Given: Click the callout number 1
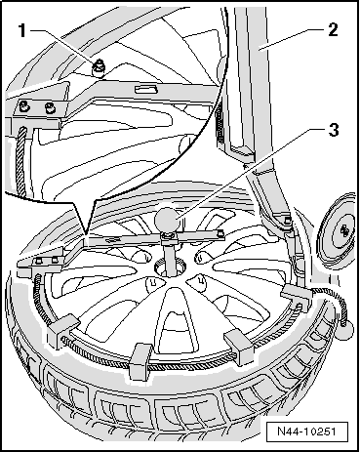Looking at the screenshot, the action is (x=22, y=31).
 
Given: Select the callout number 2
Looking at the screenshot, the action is (x=333, y=30).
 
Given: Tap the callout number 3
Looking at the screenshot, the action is (x=333, y=130).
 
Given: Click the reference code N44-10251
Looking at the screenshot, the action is (x=306, y=431).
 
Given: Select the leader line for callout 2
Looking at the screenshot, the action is (x=292, y=39).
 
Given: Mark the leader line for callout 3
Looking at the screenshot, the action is (x=250, y=172).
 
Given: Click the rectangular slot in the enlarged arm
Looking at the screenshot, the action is (x=145, y=88).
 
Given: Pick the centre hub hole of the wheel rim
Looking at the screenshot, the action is (x=169, y=268).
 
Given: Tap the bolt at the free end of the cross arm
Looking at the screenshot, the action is (x=220, y=231).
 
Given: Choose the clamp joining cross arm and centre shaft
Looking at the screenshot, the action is (x=169, y=240).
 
